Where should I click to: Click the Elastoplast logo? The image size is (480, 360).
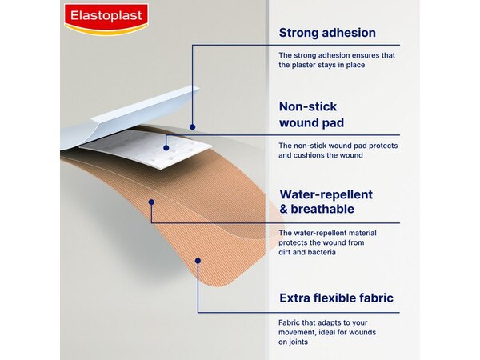click(106, 18)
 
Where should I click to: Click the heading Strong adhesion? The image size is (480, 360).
click(327, 33)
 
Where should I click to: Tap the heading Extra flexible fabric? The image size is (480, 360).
click(336, 298)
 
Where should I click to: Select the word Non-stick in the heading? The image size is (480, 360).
click(308, 106)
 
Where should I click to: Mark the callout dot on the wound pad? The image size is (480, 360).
click(166, 146)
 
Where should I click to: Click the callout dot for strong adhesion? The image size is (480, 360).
click(192, 125)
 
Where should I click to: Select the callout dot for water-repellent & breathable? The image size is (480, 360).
click(151, 202)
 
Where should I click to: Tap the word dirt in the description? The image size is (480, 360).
click(286, 252)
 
